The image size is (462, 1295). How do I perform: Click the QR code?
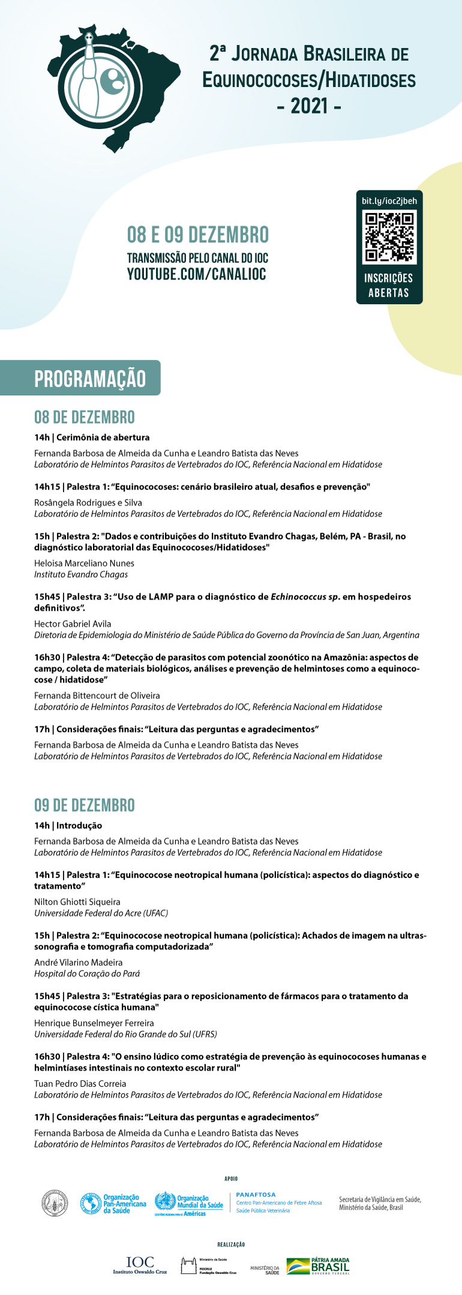click(389, 238)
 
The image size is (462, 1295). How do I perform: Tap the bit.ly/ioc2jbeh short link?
click(389, 201)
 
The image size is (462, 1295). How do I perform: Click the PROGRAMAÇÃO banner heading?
click(90, 378)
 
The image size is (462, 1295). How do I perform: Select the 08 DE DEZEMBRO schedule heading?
click(85, 417)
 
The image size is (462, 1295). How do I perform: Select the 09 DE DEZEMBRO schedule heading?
click(85, 806)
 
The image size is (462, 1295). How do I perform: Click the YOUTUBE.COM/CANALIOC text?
click(196, 275)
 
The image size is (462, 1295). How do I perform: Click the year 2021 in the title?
click(309, 107)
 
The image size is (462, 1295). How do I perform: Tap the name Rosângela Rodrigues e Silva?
click(88, 503)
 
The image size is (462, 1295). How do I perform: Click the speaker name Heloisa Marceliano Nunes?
click(84, 563)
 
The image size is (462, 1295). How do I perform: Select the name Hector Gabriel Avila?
click(73, 624)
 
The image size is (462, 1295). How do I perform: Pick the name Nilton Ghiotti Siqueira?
click(77, 902)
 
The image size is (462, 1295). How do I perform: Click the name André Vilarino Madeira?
click(79, 962)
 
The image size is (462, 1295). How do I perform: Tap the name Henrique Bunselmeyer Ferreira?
click(94, 1023)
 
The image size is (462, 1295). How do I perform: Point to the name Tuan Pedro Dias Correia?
click(80, 1083)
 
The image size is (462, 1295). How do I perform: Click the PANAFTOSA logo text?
click(256, 1194)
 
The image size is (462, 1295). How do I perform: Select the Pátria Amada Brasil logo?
click(318, 1266)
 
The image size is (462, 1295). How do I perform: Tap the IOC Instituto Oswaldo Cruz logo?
click(140, 1265)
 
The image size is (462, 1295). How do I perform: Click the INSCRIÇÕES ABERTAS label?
click(389, 286)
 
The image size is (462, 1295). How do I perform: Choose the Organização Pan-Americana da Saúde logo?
click(113, 1203)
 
